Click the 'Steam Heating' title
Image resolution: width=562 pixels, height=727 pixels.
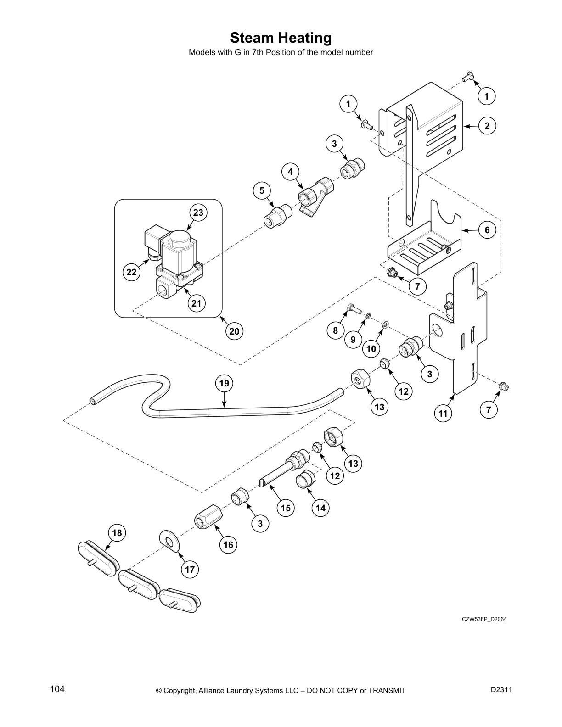(281, 38)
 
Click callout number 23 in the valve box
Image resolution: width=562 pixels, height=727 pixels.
(198, 213)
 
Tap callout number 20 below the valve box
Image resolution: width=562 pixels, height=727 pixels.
(234, 331)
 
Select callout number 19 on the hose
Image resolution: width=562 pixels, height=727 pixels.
(224, 383)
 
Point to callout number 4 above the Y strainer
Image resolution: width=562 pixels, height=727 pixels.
(290, 172)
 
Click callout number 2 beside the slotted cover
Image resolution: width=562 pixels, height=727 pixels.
(487, 126)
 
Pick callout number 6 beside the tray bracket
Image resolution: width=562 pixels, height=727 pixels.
(487, 230)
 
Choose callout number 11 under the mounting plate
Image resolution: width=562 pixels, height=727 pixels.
(443, 414)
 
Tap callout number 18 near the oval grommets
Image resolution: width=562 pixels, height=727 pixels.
(117, 532)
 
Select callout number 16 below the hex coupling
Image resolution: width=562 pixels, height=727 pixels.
(228, 545)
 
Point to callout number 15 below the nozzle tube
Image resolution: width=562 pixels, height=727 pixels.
(286, 508)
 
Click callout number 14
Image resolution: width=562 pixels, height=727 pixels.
(320, 508)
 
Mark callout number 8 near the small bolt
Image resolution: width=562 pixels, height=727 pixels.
(336, 330)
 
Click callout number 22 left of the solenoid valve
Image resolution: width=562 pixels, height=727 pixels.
(131, 272)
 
